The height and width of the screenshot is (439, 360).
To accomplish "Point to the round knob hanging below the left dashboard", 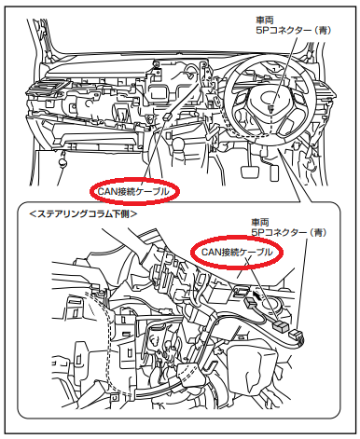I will point(63,160).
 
